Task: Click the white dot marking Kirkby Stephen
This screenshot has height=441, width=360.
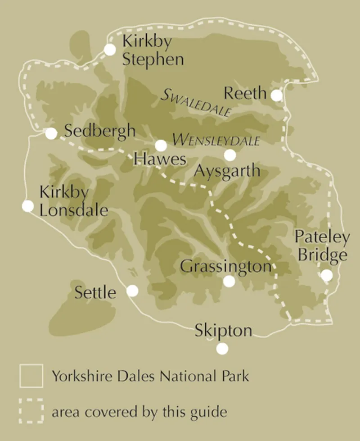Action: click(110, 50)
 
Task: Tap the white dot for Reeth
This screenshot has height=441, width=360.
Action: click(276, 95)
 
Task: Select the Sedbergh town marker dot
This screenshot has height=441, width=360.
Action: click(51, 133)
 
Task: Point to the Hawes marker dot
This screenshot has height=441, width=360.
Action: click(161, 145)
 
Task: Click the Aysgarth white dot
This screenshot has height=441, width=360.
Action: click(230, 155)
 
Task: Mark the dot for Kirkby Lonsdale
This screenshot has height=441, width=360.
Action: click(28, 206)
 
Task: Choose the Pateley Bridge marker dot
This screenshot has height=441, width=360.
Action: click(326, 275)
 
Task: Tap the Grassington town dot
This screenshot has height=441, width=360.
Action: click(229, 281)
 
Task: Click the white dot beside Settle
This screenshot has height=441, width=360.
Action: click(132, 291)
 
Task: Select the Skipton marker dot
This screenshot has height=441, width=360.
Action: click(222, 349)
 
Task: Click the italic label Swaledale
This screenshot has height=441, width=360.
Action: click(196, 103)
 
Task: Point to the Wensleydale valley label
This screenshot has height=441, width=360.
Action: click(216, 140)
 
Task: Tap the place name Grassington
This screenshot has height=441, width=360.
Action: click(226, 266)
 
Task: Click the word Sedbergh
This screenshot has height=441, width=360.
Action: click(99, 131)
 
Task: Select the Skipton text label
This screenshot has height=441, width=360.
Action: click(223, 331)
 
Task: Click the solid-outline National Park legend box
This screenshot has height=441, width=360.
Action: click(31, 376)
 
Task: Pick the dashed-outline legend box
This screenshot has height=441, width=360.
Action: click(31, 411)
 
